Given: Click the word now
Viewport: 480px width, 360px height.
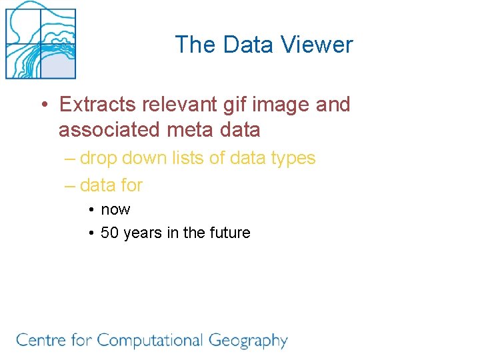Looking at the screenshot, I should (115, 210).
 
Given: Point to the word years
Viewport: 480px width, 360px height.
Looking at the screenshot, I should (141, 233).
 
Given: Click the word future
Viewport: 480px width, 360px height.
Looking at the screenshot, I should (230, 233).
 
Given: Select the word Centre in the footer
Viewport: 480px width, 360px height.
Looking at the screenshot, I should (41, 341).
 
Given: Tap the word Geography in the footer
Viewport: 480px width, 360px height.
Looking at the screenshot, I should (248, 341).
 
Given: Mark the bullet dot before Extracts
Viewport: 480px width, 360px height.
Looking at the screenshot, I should (43, 105).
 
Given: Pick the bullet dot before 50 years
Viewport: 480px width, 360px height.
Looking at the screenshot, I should (90, 233).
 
